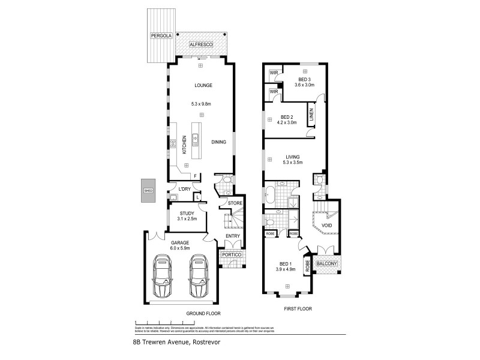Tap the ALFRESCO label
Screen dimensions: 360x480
(x=200, y=44)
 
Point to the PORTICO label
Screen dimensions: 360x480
(x=231, y=254)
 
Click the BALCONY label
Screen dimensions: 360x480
(x=328, y=263)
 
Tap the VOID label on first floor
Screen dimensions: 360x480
(x=326, y=226)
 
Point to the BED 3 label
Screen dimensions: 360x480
(x=304, y=79)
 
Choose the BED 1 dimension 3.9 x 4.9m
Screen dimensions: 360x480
(x=286, y=270)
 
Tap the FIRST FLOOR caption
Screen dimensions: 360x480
(x=298, y=308)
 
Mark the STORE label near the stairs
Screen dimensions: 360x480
(x=235, y=204)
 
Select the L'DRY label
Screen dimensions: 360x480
(x=185, y=189)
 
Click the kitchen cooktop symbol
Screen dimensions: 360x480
(x=173, y=143)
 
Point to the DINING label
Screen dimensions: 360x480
(x=218, y=142)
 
